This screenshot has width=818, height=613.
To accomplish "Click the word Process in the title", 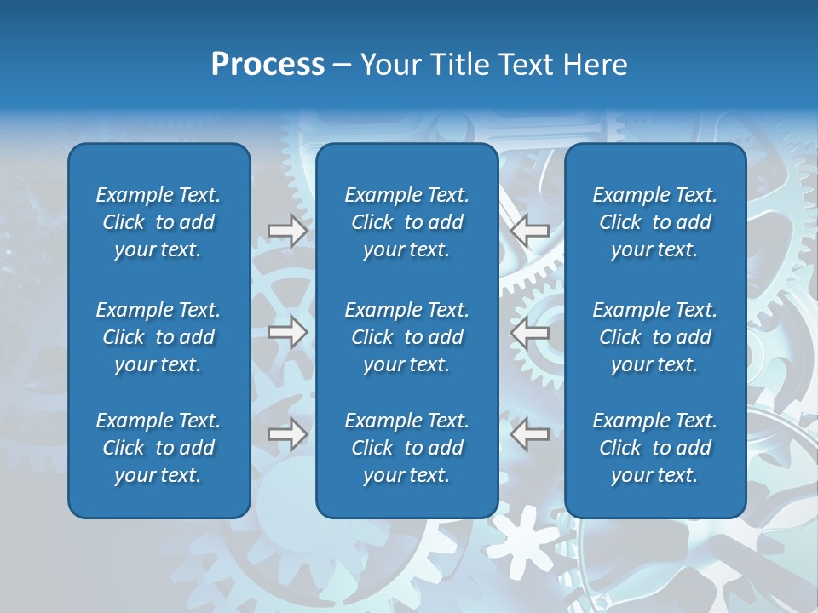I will click(x=268, y=65).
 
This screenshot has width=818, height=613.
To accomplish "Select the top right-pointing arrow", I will click(x=288, y=231).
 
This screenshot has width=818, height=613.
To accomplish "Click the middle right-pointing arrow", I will click(x=288, y=332).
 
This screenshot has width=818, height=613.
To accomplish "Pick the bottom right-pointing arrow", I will click(x=288, y=434).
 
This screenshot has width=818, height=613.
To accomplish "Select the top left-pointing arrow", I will click(x=530, y=231).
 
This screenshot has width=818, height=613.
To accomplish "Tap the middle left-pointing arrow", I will click(x=530, y=332).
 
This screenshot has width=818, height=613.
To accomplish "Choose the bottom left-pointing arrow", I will click(x=530, y=434).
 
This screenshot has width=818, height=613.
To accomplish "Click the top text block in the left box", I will click(x=158, y=222).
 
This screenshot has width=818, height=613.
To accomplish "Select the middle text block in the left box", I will click(x=158, y=337).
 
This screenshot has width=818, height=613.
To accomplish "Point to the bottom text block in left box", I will click(x=158, y=448).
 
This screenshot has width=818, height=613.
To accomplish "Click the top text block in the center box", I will click(x=406, y=222).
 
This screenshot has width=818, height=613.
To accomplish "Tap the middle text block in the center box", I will click(x=406, y=337).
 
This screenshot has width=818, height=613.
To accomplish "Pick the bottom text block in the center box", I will click(x=406, y=448).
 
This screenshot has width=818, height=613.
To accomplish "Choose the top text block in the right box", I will click(x=654, y=222).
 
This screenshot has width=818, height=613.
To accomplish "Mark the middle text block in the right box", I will click(x=654, y=337).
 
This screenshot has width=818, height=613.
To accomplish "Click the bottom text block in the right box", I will click(x=654, y=448).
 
